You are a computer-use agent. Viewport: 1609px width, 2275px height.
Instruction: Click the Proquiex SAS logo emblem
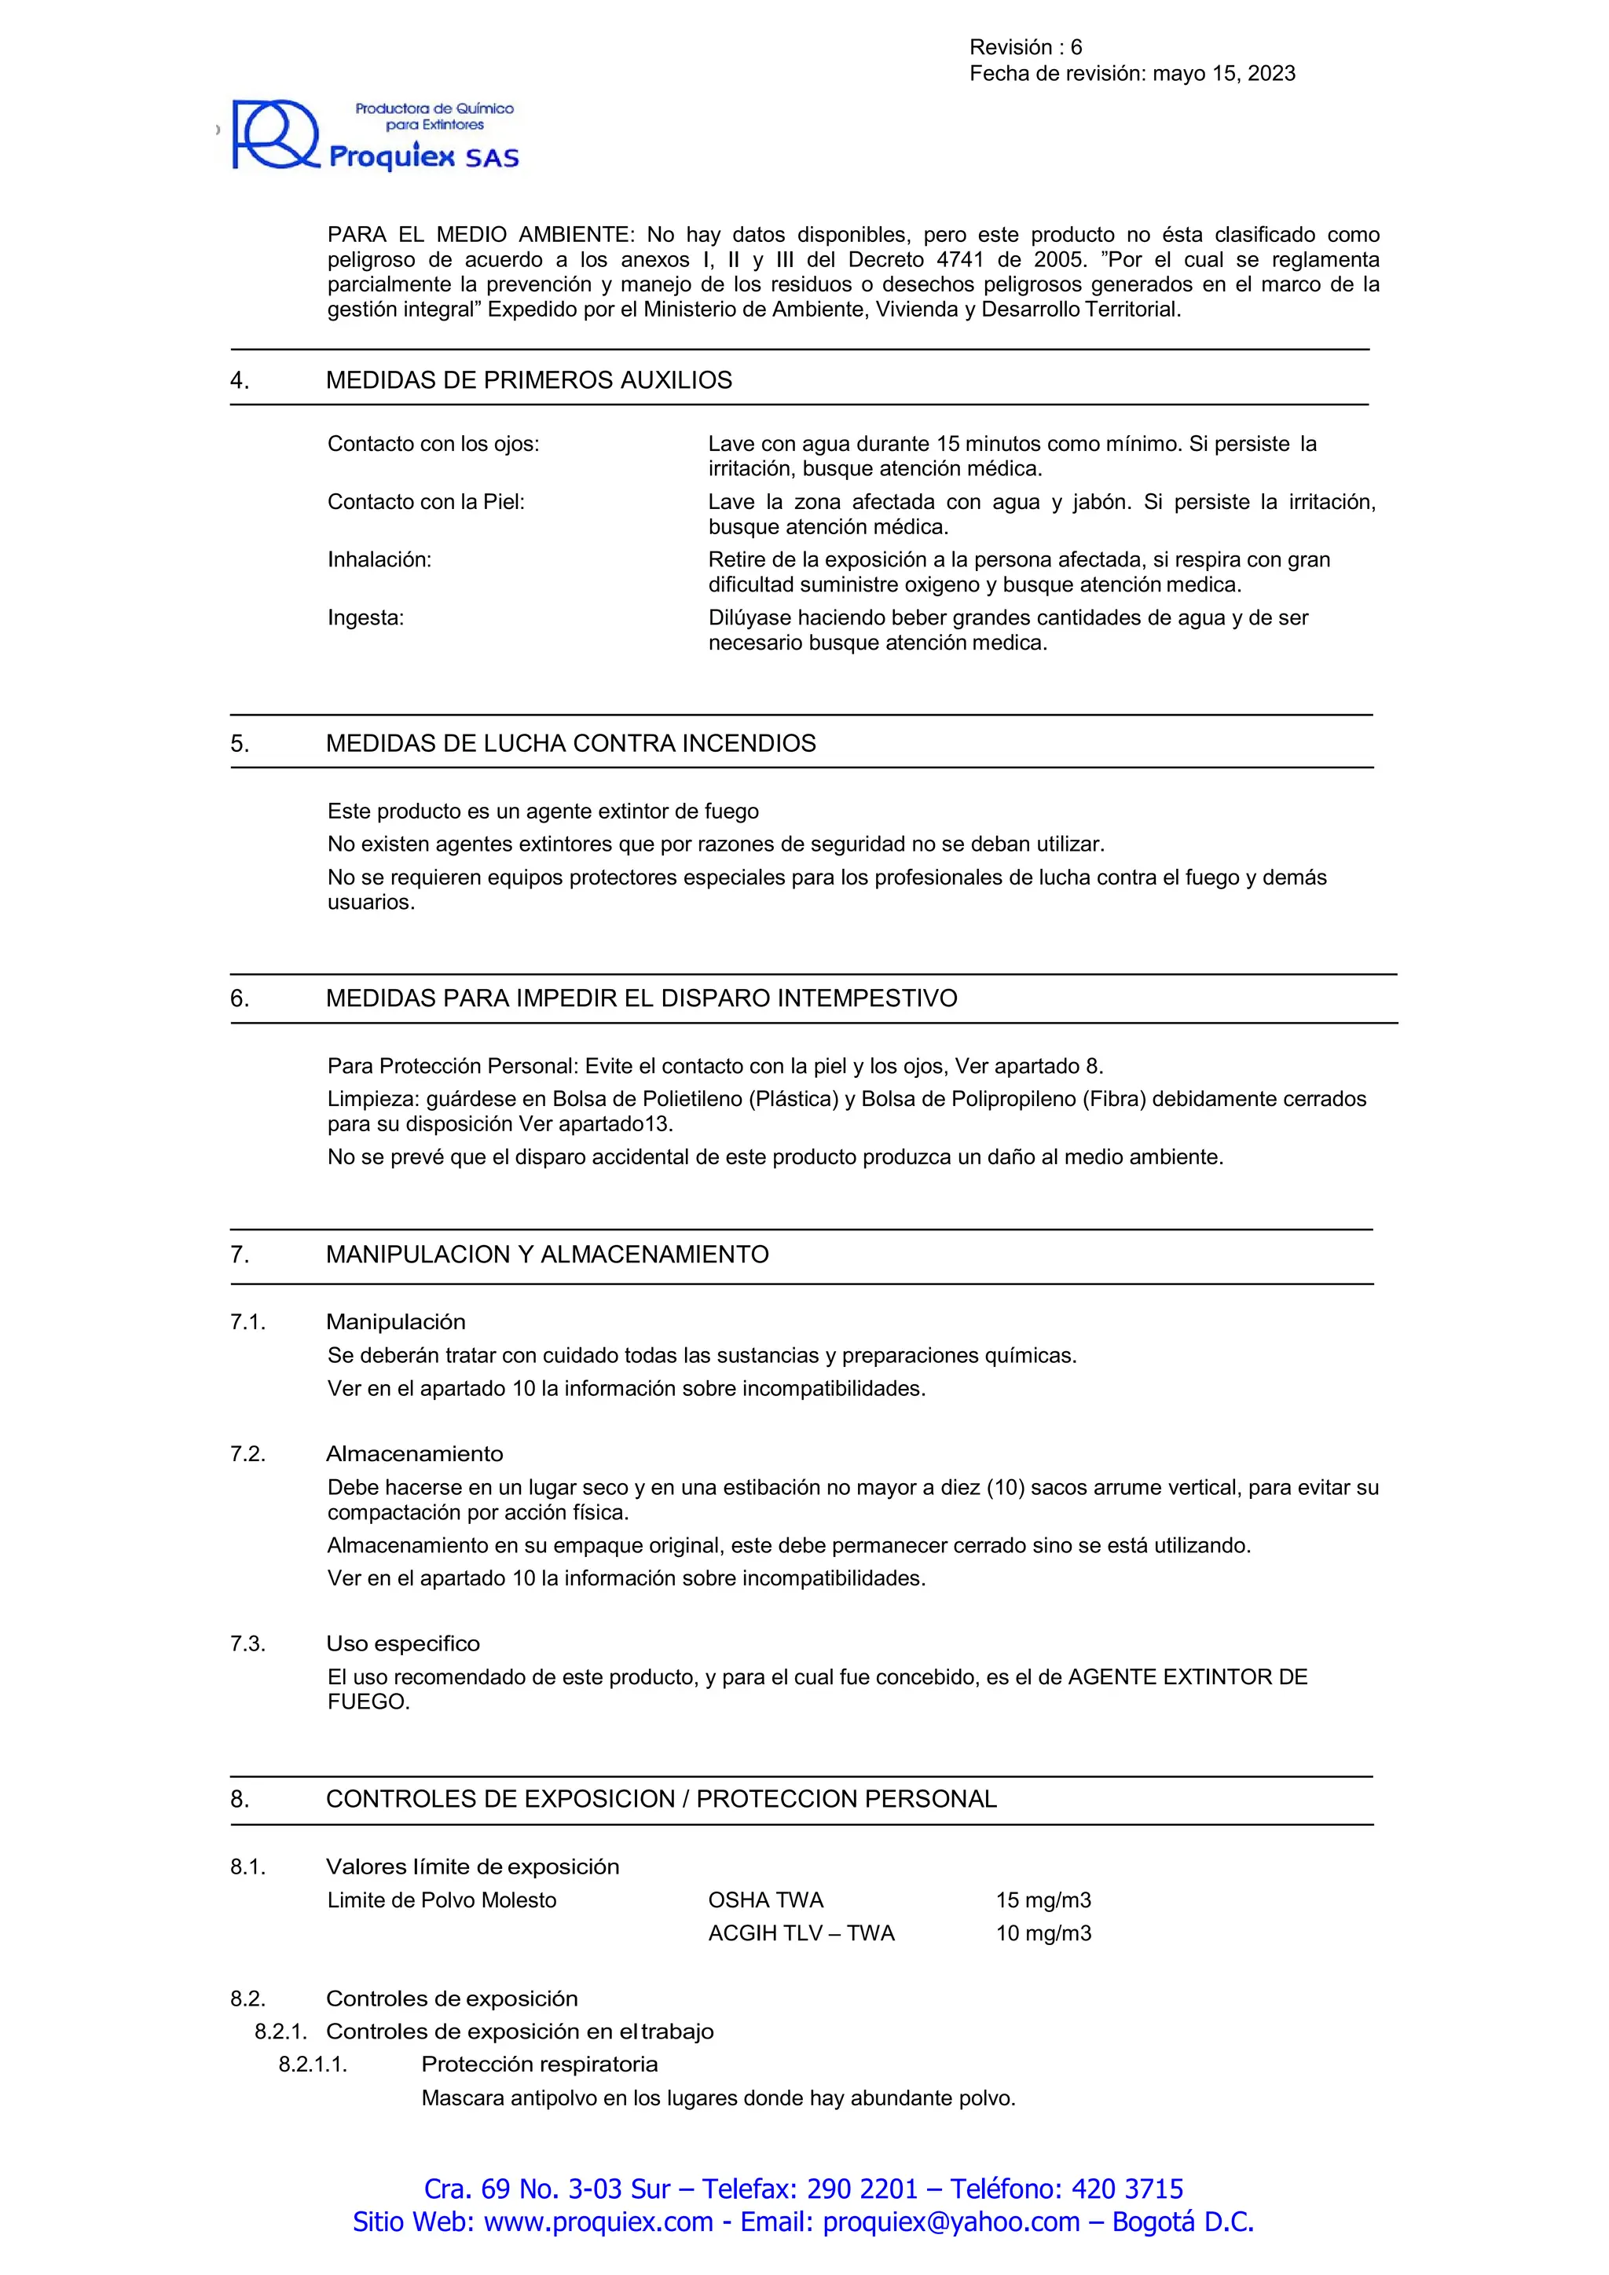(274, 135)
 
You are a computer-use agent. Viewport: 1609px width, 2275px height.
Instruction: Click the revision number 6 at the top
(1076, 48)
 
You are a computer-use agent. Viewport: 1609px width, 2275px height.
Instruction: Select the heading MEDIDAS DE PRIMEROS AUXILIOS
(528, 380)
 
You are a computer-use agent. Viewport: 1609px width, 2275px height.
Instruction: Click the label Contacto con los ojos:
(433, 444)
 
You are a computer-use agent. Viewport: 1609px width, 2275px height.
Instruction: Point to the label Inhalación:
(379, 560)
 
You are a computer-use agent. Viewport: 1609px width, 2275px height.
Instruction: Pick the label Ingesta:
(365, 618)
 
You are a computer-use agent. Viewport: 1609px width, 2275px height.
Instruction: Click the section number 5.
(240, 744)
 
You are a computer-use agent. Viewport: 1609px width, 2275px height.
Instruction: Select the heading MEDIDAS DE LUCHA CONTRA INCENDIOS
(570, 744)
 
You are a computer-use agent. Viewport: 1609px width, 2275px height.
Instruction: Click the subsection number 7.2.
(247, 1455)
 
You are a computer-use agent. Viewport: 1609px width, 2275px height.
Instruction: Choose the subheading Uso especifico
(402, 1644)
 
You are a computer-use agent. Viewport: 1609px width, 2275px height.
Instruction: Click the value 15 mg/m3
(1043, 1900)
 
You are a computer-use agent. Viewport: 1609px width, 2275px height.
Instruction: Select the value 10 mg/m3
(1043, 1933)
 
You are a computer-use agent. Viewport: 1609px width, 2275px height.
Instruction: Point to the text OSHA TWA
(765, 1900)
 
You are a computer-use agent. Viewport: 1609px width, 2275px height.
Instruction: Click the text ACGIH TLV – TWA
(801, 1933)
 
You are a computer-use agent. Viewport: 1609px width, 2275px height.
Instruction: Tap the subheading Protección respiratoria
(539, 2065)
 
